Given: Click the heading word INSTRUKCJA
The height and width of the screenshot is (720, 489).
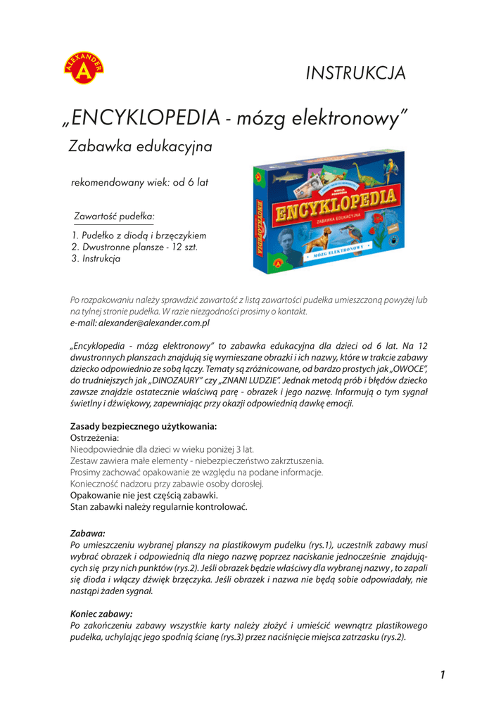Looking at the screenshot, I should click(x=356, y=72).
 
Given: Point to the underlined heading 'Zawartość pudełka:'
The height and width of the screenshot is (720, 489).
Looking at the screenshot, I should click(x=114, y=216).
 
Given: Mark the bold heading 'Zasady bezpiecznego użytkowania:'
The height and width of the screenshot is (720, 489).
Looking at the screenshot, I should click(x=144, y=426).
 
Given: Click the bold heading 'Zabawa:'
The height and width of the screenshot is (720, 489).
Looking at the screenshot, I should click(x=88, y=534).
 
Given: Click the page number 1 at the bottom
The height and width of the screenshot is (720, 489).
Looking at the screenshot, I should click(x=442, y=675).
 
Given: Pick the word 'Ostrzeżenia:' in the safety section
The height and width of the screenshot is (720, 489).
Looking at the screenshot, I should click(x=95, y=437).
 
